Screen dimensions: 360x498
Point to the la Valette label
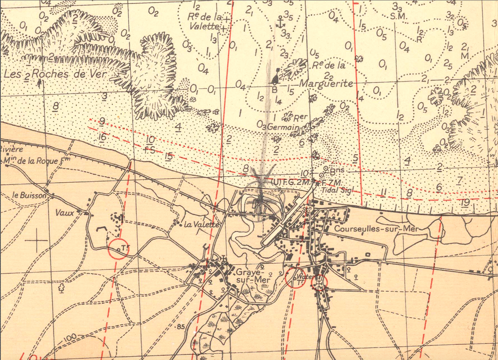pos(202,225)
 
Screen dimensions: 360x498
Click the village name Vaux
pos(64,213)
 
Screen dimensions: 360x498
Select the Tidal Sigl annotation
pos(335,190)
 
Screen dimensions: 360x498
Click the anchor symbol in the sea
pos(278,23)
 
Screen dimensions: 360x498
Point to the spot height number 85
pos(181,326)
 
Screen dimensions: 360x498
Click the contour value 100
pos(70,337)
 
